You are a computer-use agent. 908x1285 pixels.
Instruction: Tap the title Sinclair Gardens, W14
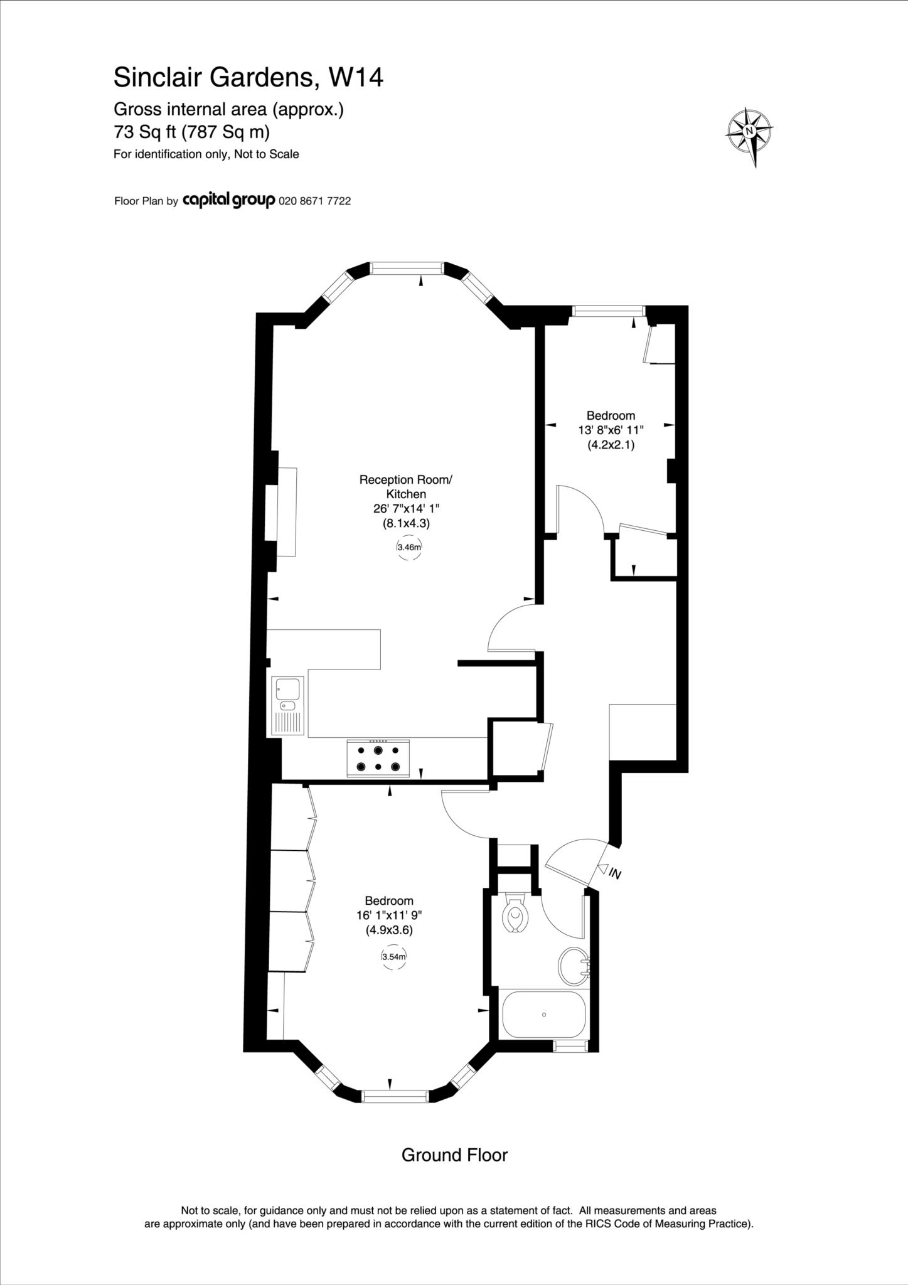click(248, 78)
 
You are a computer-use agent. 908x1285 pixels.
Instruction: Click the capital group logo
click(228, 201)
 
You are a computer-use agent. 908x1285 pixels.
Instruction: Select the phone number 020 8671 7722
click(314, 201)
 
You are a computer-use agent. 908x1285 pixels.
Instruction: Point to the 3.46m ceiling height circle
click(409, 547)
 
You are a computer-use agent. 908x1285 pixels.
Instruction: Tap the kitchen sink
click(287, 705)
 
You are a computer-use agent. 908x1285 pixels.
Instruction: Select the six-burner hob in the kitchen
click(378, 758)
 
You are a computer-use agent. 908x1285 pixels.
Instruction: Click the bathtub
click(543, 1015)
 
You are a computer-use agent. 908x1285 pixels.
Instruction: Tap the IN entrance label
click(615, 873)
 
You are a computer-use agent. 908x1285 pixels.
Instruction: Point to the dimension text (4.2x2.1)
click(611, 445)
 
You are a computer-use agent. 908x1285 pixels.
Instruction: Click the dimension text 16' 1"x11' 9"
click(389, 915)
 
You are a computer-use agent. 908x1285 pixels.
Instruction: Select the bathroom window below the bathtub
click(570, 1045)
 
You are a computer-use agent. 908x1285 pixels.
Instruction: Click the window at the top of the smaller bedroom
click(609, 311)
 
